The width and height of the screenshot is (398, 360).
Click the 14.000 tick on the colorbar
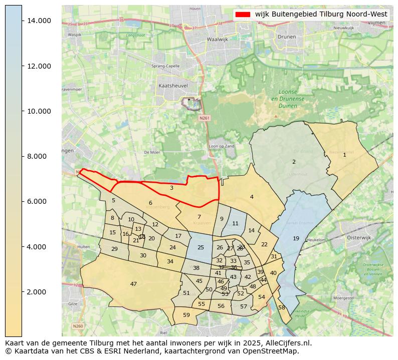pos(39,21)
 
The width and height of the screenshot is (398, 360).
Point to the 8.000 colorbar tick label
pos(39,156)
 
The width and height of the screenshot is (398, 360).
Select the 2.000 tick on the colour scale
pos(39,292)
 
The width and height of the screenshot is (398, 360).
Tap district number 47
pos(133,284)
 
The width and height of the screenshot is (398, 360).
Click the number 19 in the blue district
pos(296,238)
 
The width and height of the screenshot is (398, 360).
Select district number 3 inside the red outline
pos(171,188)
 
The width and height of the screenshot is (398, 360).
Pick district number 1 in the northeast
pos(344,155)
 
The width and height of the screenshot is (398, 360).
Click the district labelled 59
pos(186,315)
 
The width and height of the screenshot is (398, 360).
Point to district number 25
pos(201,247)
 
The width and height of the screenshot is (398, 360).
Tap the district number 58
pos(282,307)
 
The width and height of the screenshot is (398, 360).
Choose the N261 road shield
pos(203,118)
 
